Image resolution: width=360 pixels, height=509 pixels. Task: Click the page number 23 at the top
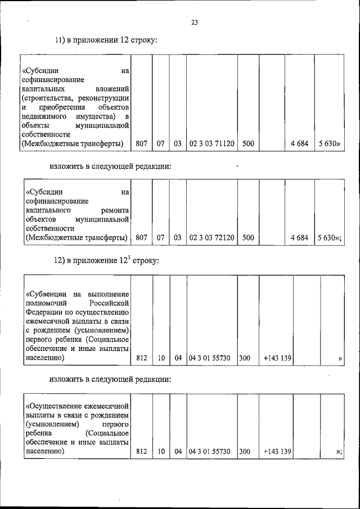tap(195, 22)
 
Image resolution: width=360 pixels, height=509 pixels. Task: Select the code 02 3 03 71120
tap(212, 144)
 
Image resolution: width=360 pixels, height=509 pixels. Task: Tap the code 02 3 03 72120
tap(212, 238)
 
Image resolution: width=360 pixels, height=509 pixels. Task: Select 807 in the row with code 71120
tap(142, 144)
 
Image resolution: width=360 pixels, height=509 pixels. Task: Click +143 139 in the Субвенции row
tap(277, 358)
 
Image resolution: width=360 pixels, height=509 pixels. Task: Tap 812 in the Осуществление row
tap(142, 452)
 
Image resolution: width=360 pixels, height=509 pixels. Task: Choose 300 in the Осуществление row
tap(245, 452)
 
